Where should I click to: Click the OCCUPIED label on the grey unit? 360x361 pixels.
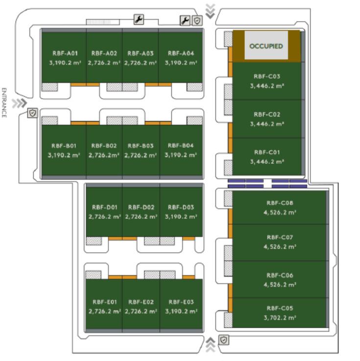tap(266, 46)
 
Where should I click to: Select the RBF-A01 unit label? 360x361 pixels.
tap(65, 53)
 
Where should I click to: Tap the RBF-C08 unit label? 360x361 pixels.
tap(280, 203)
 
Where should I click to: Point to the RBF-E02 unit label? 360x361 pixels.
tap(141, 302)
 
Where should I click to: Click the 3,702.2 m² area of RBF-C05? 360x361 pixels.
tap(280, 317)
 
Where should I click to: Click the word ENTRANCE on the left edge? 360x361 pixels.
tap(4, 103)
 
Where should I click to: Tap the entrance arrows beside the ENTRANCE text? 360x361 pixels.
tap(20, 103)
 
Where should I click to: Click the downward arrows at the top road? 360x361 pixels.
tap(210, 11)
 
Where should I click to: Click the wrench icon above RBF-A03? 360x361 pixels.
tap(139, 20)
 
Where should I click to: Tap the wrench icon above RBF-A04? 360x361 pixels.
tap(185, 20)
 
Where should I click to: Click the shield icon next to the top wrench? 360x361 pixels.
tap(197, 20)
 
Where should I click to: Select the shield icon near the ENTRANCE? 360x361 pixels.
tap(32, 113)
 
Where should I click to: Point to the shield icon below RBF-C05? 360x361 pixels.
tap(224, 339)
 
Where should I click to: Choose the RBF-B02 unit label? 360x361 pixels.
tap(104, 146)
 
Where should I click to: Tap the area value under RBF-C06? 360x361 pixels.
tap(280, 284)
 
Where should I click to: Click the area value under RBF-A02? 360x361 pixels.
tap(104, 63)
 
